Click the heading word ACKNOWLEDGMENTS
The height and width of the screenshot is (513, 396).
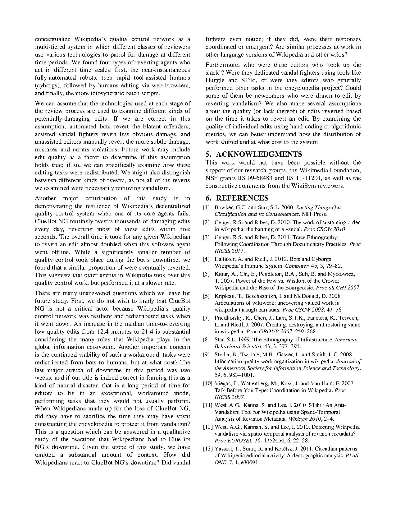coord(259,155)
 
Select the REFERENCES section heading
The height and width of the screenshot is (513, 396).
coord(242,198)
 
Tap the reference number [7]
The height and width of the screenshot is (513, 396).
coord(207,318)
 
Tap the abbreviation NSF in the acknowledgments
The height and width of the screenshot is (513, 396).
coord(211,178)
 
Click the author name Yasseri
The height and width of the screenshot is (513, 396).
coord(223,449)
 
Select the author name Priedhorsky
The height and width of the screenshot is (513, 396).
coord(228,318)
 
